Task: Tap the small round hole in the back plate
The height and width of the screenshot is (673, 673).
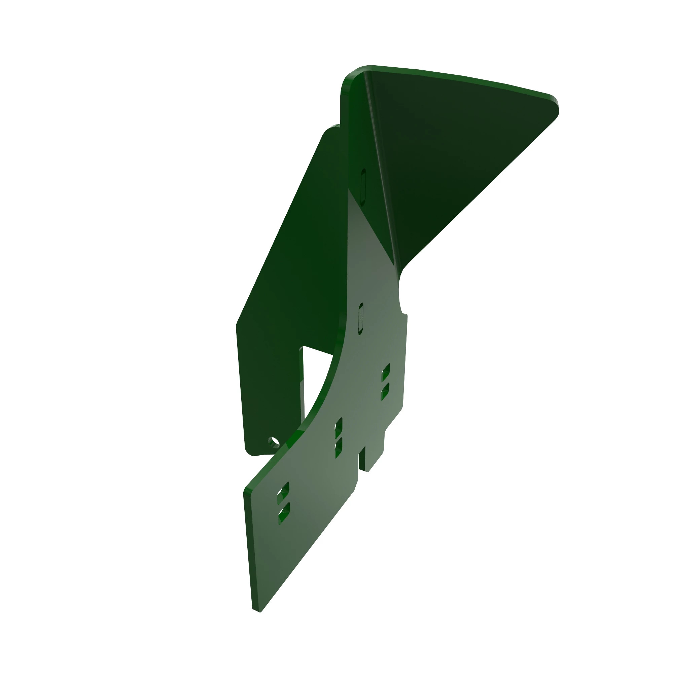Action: pyautogui.click(x=274, y=442)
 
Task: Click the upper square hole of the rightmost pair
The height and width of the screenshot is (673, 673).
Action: pyautogui.click(x=386, y=373)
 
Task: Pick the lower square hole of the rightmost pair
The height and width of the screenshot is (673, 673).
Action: pyautogui.click(x=385, y=392)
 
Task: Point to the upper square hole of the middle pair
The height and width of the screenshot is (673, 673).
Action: pyautogui.click(x=338, y=427)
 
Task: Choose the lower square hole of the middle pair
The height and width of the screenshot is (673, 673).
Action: pyautogui.click(x=338, y=448)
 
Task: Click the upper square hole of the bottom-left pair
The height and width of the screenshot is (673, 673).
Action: pyautogui.click(x=283, y=493)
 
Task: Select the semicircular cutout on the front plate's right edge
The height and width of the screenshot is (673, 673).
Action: pyautogui.click(x=400, y=293)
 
